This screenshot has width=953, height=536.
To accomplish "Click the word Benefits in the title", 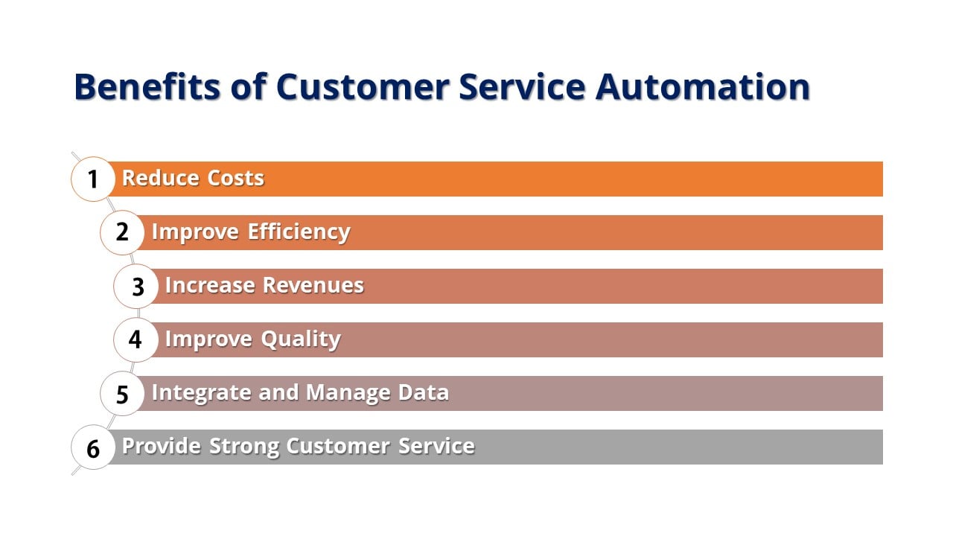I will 147,86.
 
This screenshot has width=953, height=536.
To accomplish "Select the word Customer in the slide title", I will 363,86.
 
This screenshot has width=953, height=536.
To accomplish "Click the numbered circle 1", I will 93,179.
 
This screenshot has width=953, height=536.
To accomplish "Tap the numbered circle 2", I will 122,233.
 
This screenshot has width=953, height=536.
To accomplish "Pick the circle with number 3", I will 136,287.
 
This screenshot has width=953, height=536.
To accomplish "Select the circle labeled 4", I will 136,340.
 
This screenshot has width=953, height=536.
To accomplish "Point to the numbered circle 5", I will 122,394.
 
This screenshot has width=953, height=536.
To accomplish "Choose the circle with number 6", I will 93,448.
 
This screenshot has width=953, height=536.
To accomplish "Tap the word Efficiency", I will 299,232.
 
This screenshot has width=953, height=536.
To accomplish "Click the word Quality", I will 300,339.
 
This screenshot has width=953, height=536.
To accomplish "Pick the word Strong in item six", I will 244,446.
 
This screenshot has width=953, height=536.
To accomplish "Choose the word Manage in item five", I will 348,393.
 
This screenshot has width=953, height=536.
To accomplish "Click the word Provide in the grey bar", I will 162,446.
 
